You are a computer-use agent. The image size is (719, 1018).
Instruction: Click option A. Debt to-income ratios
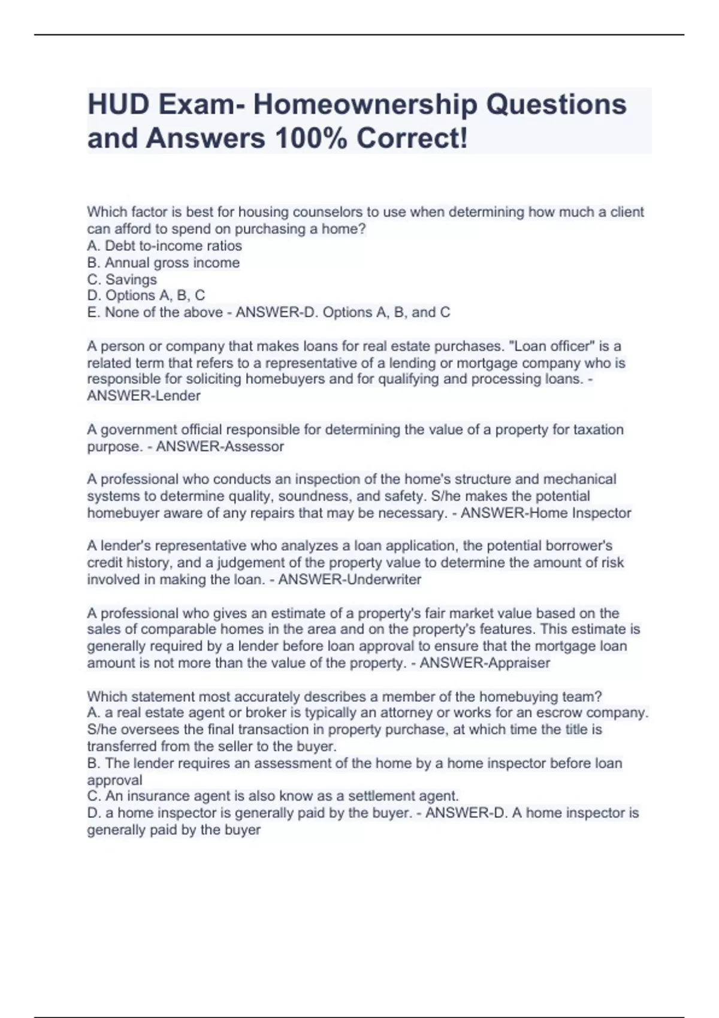pyautogui.click(x=164, y=246)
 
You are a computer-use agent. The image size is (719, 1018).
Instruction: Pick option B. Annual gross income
pyautogui.click(x=163, y=263)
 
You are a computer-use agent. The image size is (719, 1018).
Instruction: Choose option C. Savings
pyautogui.click(x=122, y=280)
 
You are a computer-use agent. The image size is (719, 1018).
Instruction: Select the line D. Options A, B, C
pyautogui.click(x=146, y=296)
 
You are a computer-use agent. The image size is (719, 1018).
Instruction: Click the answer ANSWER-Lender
pyautogui.click(x=144, y=396)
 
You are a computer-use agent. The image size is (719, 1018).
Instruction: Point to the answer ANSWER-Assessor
pyautogui.click(x=220, y=447)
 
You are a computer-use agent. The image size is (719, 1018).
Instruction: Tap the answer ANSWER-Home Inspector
pyautogui.click(x=546, y=513)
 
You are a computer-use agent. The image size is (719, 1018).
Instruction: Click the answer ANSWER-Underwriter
pyautogui.click(x=350, y=580)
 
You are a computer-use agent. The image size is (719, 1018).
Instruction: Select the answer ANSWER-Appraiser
pyautogui.click(x=485, y=663)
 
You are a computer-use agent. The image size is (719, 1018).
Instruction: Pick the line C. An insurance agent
pyautogui.click(x=273, y=796)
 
